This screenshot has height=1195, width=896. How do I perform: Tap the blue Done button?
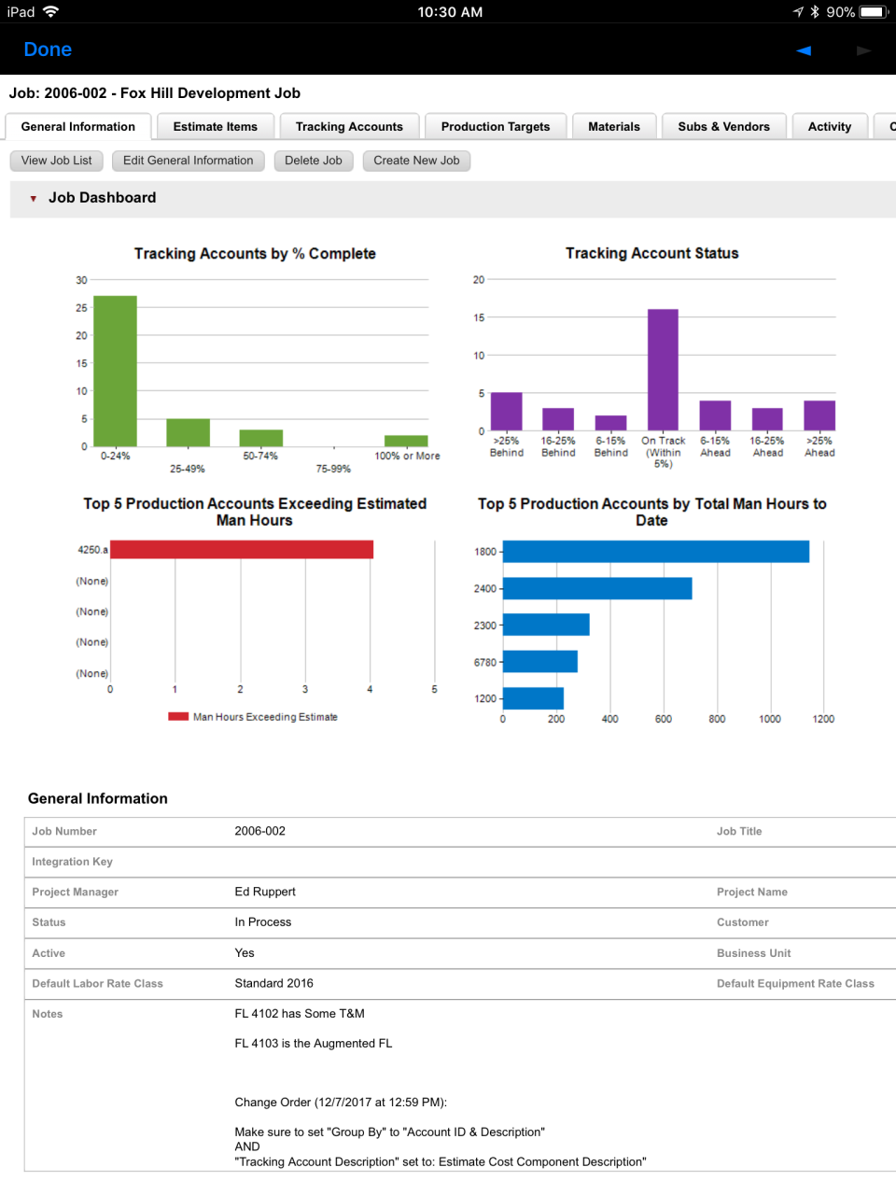click(x=48, y=49)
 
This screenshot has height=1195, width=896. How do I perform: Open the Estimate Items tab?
click(x=215, y=127)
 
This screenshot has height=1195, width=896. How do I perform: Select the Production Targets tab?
click(x=495, y=127)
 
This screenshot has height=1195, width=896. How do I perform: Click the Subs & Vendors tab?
click(x=723, y=127)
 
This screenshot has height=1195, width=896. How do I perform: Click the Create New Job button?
click(x=416, y=161)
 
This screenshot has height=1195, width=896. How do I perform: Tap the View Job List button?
click(x=56, y=161)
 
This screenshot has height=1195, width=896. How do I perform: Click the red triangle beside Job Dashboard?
click(x=34, y=199)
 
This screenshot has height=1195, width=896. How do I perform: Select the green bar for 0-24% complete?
click(x=115, y=371)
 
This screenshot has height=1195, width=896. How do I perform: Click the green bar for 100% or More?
click(x=406, y=441)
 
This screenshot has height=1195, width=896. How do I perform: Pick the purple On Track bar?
click(x=663, y=369)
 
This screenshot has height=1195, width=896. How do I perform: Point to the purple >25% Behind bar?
click(x=506, y=412)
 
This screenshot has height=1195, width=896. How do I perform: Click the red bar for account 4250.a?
click(x=242, y=550)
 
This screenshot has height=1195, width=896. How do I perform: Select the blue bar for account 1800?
click(x=655, y=552)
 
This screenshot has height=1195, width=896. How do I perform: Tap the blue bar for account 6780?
click(x=539, y=662)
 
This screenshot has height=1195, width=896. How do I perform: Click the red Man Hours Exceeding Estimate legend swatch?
click(x=178, y=717)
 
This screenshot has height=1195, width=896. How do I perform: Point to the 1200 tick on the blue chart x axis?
click(x=823, y=719)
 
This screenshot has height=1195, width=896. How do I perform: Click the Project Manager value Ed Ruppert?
click(x=265, y=892)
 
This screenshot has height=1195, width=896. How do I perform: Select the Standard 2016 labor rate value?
click(x=273, y=983)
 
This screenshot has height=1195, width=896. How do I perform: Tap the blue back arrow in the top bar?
click(x=804, y=50)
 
